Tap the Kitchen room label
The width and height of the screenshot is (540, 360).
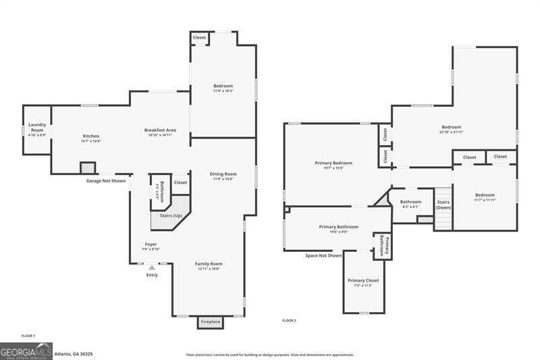coord(90,136)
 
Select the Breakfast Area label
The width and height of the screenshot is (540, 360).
coord(160,130)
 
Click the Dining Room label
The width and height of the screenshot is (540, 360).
coord(222,174)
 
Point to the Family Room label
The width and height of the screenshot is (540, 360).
coord(209,264)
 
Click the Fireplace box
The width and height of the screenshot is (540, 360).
coord(210,322)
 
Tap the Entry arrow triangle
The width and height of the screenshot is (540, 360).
coord(152,267)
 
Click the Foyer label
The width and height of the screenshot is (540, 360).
coord(151,245)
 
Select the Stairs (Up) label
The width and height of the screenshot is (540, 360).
coord(170,215)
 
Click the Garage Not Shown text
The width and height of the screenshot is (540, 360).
coord(105,181)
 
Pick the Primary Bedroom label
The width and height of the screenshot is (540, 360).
coord(333,163)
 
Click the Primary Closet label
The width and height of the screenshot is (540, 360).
coord(363,280)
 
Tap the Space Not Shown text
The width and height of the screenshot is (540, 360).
coord(323,255)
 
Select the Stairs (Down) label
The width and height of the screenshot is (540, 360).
coord(443,205)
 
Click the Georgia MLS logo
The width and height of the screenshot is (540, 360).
coord(26,351)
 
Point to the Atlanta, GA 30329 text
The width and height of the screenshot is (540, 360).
coord(73,353)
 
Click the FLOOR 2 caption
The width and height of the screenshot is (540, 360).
coord(289,320)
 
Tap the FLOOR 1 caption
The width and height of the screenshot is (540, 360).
coord(28,336)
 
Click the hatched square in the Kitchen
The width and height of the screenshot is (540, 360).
coord(87,168)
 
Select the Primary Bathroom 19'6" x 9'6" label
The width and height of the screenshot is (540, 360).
coord(338,228)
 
